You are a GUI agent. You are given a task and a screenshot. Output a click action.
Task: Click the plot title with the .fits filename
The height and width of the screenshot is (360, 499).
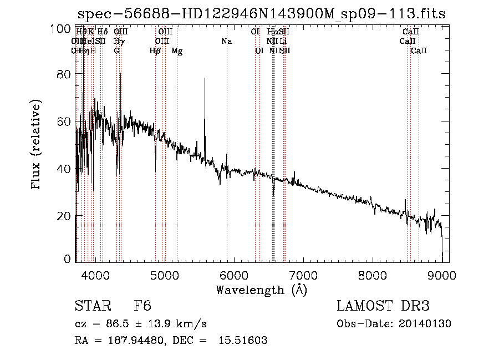point(261,14)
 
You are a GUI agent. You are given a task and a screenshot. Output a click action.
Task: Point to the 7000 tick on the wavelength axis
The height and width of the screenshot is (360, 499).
point(303,275)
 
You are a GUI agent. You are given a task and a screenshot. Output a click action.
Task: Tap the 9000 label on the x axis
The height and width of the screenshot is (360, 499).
point(442,275)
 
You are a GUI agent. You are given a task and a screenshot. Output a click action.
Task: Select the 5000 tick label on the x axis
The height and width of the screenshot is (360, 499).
point(165,275)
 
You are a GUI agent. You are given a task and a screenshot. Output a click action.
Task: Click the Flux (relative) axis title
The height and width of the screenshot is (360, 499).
point(37,146)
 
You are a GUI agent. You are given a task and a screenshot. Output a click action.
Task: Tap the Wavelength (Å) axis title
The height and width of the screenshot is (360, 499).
point(261,290)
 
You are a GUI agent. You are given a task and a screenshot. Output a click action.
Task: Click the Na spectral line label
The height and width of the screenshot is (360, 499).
point(226,42)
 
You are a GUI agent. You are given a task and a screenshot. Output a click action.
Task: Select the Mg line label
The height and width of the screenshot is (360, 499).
point(177,51)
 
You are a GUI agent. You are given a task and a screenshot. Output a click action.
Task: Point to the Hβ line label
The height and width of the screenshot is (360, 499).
point(155,51)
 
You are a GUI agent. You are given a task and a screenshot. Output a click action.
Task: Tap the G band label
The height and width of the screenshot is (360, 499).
point(116,51)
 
